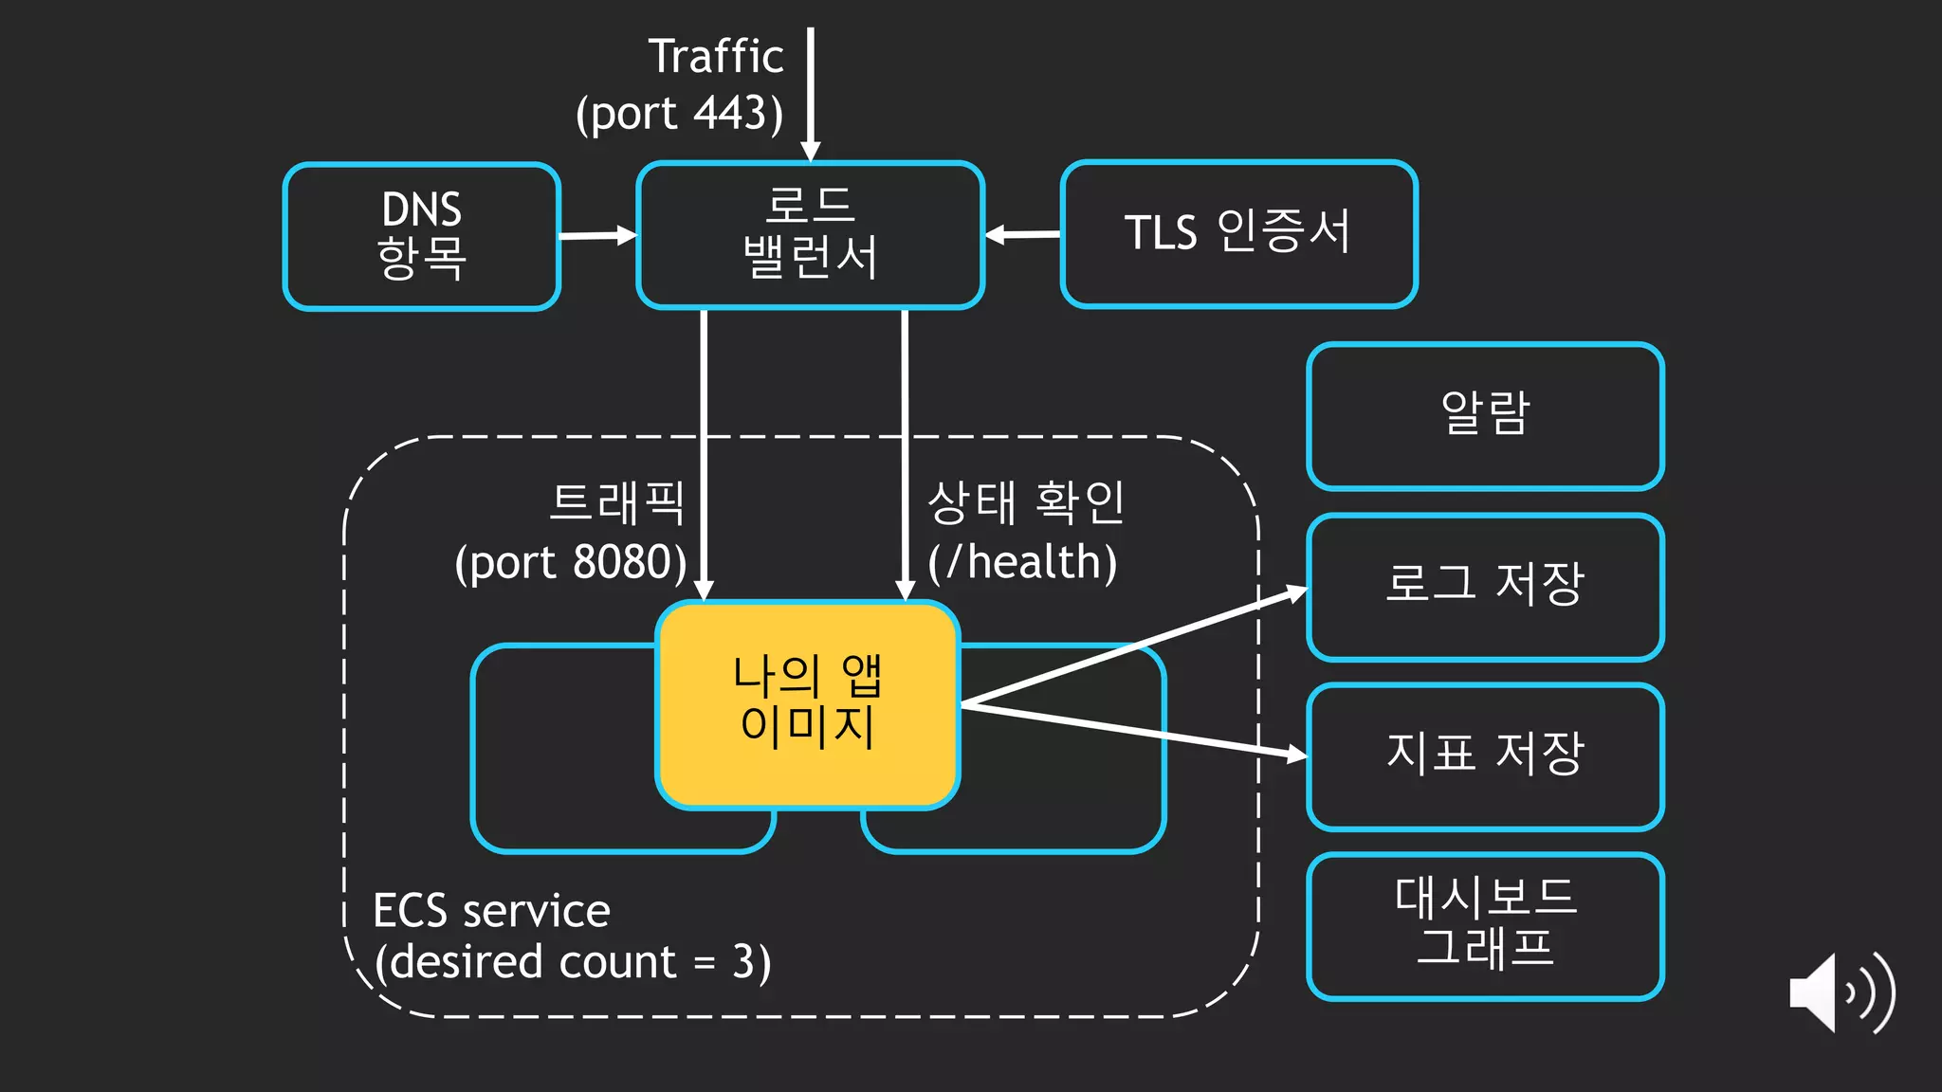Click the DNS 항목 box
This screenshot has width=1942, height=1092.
tap(422, 236)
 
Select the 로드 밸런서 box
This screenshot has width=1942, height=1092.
tap(811, 235)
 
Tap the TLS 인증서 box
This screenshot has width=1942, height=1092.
tap(1238, 233)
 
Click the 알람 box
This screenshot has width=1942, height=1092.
tap(1485, 416)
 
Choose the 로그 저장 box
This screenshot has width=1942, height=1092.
tap(1485, 586)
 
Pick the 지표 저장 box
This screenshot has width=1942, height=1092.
tap(1485, 756)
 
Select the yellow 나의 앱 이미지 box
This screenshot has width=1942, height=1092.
tap(808, 704)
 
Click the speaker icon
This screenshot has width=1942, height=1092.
tap(1840, 993)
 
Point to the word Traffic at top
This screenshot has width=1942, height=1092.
tap(716, 57)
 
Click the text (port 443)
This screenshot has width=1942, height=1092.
tap(680, 114)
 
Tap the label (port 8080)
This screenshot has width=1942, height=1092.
tap(571, 563)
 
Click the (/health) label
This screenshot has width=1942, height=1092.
tap(1022, 563)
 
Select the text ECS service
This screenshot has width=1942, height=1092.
tap(491, 911)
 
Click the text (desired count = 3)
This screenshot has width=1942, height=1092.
tap(573, 963)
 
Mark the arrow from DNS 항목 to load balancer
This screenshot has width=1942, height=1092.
tap(598, 235)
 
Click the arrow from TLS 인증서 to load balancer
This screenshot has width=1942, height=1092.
tap(1022, 234)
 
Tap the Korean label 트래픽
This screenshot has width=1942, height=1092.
tap(617, 502)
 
